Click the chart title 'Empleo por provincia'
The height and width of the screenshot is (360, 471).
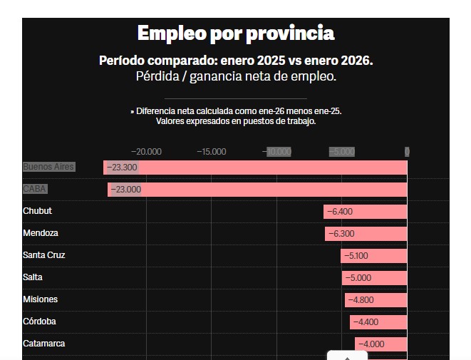pyautogui.click(x=235, y=34)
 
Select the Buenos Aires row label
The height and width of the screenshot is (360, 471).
pyautogui.click(x=48, y=167)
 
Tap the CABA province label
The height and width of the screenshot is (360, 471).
pyautogui.click(x=35, y=189)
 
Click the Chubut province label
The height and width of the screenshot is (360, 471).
pyautogui.click(x=37, y=211)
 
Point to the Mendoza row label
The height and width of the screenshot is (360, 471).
pyautogui.click(x=40, y=233)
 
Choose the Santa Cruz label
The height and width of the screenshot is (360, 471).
pyautogui.click(x=43, y=255)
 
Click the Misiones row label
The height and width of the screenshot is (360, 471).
pyautogui.click(x=40, y=299)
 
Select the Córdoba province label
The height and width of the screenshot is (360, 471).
pyautogui.click(x=39, y=322)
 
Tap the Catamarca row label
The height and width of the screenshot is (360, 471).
pyautogui.click(x=43, y=344)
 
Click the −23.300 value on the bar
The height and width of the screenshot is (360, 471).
pyautogui.click(x=122, y=168)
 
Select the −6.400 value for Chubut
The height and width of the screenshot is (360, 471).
pyautogui.click(x=339, y=212)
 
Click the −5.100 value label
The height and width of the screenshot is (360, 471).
pyautogui.click(x=357, y=256)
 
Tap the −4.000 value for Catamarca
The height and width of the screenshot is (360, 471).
pyautogui.click(x=371, y=344)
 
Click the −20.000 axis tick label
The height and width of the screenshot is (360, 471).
pyautogui.click(x=146, y=151)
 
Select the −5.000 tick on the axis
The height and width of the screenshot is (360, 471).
pyautogui.click(x=341, y=151)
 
